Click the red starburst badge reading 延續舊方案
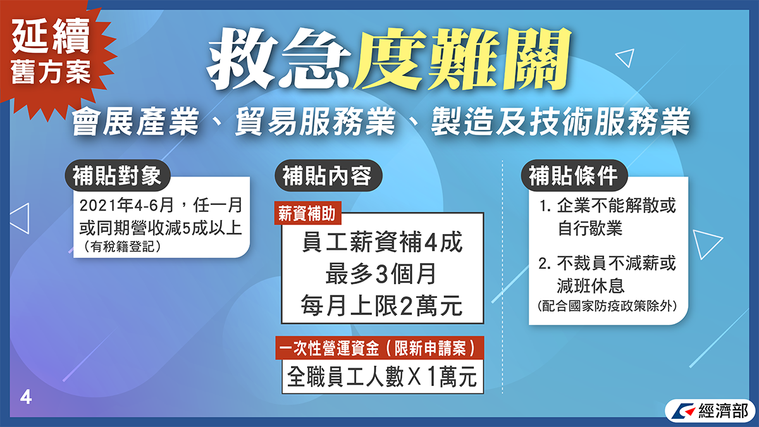click(x=51, y=54)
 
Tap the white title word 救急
click(x=278, y=59)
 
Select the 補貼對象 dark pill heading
click(x=117, y=176)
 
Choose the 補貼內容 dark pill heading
click(x=328, y=176)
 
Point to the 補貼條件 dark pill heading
click(x=574, y=176)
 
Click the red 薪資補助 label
click(x=307, y=214)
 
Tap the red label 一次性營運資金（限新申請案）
click(x=379, y=348)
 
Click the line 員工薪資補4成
click(x=382, y=242)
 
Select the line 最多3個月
click(x=381, y=274)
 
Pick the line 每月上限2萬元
click(x=382, y=306)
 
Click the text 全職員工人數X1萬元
click(x=382, y=377)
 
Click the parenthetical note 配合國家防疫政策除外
click(x=607, y=306)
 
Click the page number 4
click(x=26, y=397)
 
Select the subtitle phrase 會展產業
click(x=135, y=121)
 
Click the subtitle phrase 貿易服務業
click(x=315, y=121)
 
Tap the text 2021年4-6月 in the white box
click(x=126, y=206)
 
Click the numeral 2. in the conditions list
click(x=545, y=263)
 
